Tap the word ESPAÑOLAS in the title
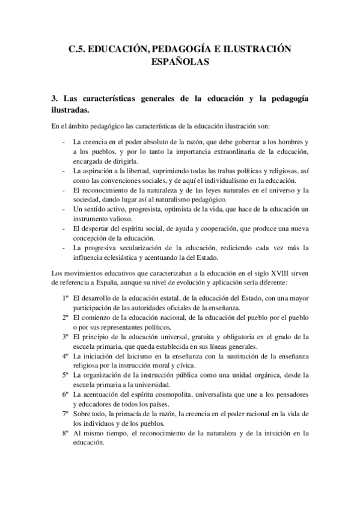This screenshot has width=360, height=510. click(x=180, y=61)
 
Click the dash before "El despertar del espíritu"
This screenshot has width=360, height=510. click(x=65, y=228)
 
